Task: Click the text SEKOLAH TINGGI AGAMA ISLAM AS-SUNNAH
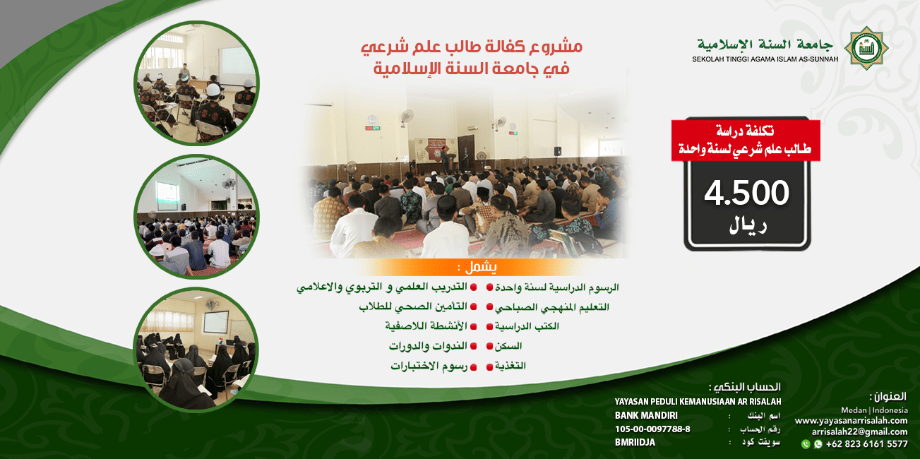pos(765,59)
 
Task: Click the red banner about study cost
pos(746,141)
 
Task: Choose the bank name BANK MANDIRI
pos(646,415)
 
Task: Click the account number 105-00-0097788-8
pos(652,429)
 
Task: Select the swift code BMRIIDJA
pos(635,442)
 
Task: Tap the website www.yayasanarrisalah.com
pos(851,420)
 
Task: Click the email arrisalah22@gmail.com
pos(859,431)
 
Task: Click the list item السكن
pos(510,346)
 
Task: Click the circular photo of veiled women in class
pos(196,349)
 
